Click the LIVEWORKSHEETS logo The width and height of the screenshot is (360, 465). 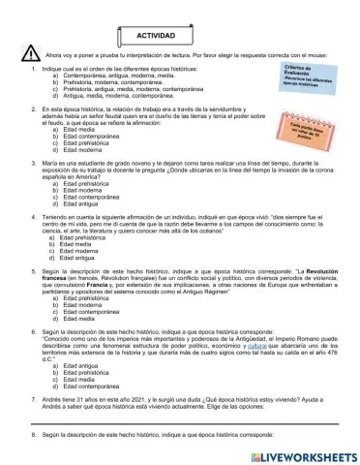point(304,453)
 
